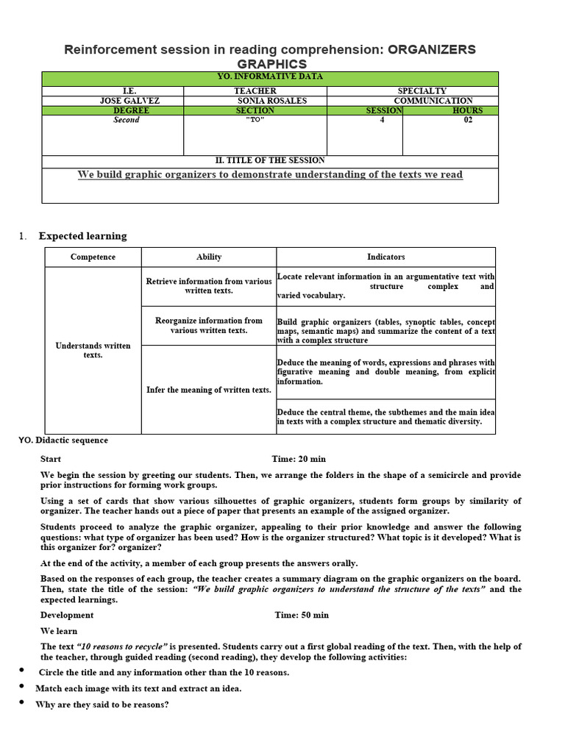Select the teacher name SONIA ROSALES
255,101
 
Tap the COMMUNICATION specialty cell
433,101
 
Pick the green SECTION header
255,110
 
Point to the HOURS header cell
468,110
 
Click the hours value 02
468,120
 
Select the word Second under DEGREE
126,120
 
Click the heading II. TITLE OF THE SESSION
269,160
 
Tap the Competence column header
93,257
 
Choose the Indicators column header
385,257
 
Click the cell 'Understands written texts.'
93,350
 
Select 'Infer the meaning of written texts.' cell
209,390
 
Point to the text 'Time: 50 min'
302,615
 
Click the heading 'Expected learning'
82,236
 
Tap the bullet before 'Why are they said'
23,703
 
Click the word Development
67,615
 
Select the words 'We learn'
59,631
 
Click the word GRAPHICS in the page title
271,64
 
